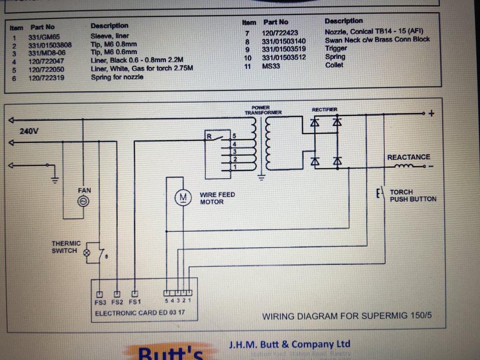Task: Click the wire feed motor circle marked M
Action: click(182, 196)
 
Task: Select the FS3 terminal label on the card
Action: click(100, 303)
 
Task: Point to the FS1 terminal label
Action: click(135, 303)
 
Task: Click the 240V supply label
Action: click(29, 131)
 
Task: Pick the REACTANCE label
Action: click(408, 157)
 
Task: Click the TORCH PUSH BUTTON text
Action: click(413, 195)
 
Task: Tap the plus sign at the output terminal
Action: click(431, 114)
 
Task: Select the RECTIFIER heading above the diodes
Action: click(324, 109)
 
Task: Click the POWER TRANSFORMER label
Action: click(263, 110)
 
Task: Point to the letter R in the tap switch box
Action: click(209, 136)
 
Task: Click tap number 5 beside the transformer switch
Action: click(234, 136)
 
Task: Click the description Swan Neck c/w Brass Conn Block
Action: click(377, 39)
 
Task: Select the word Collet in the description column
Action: click(334, 65)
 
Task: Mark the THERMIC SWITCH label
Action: click(66, 247)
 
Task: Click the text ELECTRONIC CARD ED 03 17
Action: click(140, 313)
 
